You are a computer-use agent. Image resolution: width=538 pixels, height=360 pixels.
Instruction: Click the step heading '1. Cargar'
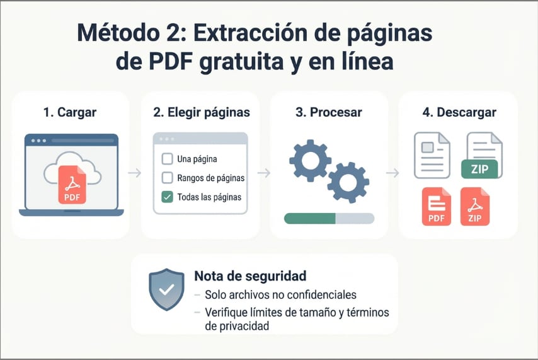pyautogui.click(x=70, y=112)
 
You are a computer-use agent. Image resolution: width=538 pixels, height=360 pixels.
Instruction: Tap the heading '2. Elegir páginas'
pyautogui.click(x=202, y=112)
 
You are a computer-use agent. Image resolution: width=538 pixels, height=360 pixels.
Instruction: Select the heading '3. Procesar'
pyautogui.click(x=329, y=112)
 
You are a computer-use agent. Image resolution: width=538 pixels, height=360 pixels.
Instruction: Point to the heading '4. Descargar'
pyautogui.click(x=459, y=112)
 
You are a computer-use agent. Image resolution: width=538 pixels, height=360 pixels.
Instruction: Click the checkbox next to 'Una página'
pyautogui.click(x=168, y=159)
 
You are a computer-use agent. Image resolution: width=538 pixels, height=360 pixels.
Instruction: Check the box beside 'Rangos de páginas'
pyautogui.click(x=168, y=178)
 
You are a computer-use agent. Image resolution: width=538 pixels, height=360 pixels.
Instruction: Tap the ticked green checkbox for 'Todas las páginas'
pyautogui.click(x=168, y=197)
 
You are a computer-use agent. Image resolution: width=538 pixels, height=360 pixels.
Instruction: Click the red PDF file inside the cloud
pyautogui.click(x=72, y=184)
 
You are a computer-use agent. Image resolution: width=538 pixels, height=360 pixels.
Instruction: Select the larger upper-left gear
pyautogui.click(x=310, y=160)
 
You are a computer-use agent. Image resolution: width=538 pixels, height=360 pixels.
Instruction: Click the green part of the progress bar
pyautogui.click(x=309, y=218)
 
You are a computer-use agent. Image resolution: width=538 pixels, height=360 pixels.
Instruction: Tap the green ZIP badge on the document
pyautogui.click(x=479, y=168)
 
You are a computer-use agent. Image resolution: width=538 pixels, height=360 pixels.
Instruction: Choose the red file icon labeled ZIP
pyautogui.click(x=475, y=207)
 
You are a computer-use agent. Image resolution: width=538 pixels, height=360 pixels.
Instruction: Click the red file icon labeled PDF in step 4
pyautogui.click(x=436, y=207)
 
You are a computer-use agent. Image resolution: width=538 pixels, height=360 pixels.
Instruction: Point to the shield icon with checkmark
pyautogui.click(x=166, y=289)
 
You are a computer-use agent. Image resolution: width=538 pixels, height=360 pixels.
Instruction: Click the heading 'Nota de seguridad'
pyautogui.click(x=250, y=276)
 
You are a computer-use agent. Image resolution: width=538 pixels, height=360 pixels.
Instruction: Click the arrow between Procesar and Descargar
pyautogui.click(x=393, y=173)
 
